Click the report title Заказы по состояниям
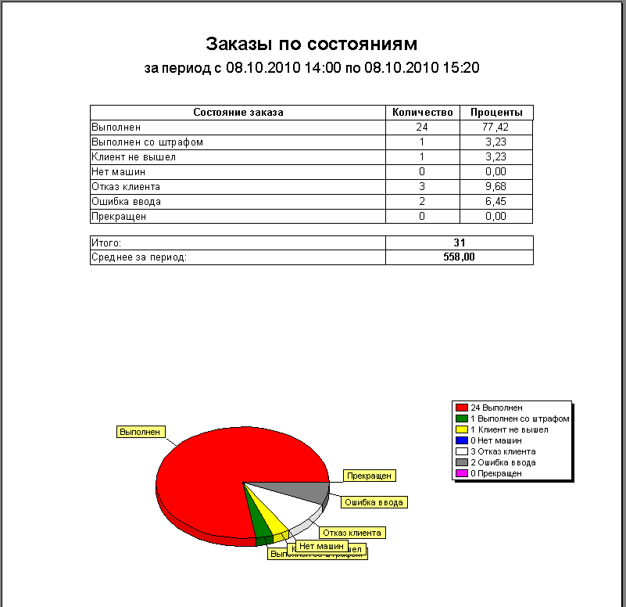point(311,43)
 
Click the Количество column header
point(422,113)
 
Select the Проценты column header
point(496,113)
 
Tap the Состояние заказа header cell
point(238,113)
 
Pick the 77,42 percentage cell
point(496,127)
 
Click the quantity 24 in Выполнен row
point(422,127)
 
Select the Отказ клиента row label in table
point(126,187)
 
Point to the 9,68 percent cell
point(496,187)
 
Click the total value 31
point(460,243)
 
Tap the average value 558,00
point(460,257)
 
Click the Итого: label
point(106,243)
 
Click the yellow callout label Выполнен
point(140,431)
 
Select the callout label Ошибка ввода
point(374,502)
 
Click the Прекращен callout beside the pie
point(370,476)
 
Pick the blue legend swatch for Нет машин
point(462,440)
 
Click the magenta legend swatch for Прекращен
point(462,473)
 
